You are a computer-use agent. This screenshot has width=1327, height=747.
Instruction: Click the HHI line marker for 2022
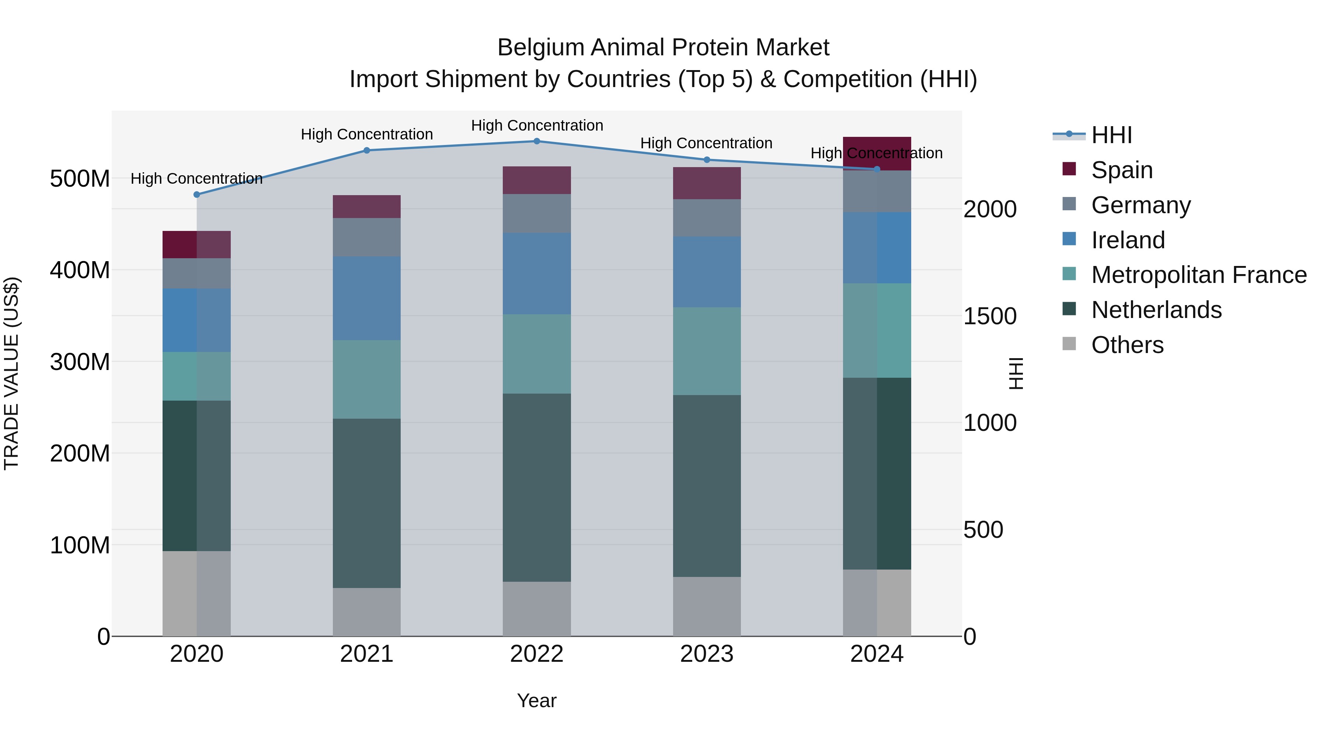pos(536,141)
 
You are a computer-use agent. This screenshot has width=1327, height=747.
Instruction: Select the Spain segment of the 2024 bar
pos(877,153)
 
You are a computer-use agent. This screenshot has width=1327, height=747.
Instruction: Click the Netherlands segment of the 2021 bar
pos(366,503)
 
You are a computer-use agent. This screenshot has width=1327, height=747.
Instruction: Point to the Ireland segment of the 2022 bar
pos(536,273)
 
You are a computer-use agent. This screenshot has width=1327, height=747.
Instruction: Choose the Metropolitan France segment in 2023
pos(706,351)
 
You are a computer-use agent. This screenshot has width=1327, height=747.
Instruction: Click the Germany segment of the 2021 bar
pos(366,237)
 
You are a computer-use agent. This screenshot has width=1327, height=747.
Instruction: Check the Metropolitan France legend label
pos(1198,275)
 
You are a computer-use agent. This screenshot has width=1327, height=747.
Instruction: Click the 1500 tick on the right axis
pos(990,316)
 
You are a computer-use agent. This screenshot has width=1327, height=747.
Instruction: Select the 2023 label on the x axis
pos(706,654)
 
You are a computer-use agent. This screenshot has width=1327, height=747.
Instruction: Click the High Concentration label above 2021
pos(366,134)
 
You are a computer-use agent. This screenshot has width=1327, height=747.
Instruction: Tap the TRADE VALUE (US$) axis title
pos(11,373)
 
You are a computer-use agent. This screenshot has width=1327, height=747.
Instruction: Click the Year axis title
pos(536,701)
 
